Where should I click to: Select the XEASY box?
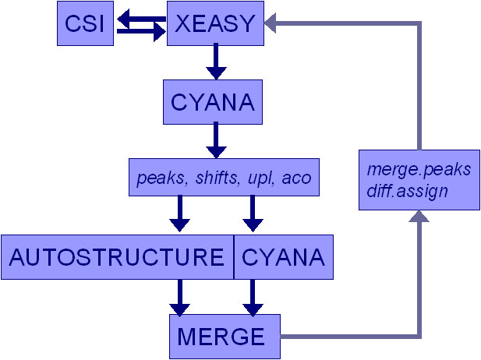point(215,23)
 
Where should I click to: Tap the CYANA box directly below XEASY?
point(211,102)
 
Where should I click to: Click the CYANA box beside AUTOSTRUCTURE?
point(284,257)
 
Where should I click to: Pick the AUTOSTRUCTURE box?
point(118,257)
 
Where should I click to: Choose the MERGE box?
point(221,337)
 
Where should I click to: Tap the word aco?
point(297,178)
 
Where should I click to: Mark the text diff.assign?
point(410,190)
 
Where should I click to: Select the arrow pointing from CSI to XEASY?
point(140,30)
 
